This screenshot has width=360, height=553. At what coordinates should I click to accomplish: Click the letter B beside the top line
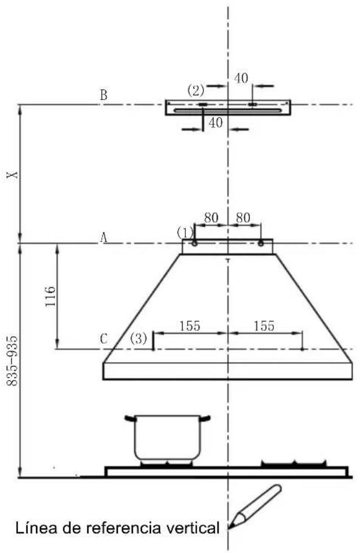click(104, 95)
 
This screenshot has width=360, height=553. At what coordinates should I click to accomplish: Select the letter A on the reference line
click(104, 238)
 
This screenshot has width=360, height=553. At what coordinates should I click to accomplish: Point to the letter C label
click(104, 339)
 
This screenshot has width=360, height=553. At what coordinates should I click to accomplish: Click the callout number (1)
click(185, 233)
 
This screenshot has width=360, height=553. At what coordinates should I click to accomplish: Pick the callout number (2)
click(196, 91)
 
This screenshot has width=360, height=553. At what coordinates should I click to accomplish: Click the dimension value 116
click(51, 296)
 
